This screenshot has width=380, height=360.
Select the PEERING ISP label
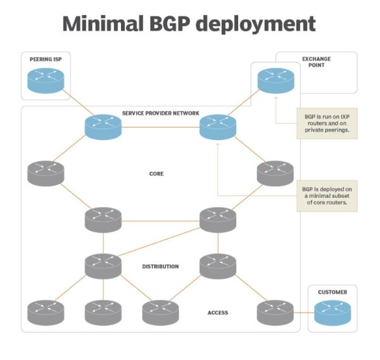tap(46, 59)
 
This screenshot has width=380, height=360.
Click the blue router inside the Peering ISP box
tap(46, 80)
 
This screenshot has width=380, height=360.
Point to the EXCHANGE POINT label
tap(316, 63)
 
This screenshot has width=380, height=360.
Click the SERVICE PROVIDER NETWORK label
tap(160, 113)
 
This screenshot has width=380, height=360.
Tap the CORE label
tap(156, 173)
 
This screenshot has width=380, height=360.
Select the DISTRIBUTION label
tap(160, 266)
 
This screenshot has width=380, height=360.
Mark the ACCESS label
tap(218, 312)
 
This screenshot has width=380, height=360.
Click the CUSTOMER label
tap(332, 292)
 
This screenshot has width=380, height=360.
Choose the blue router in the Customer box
tap(332, 312)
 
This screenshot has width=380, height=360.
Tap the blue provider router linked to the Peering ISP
tap(103, 127)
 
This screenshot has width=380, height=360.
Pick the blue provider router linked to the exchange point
tap(217, 127)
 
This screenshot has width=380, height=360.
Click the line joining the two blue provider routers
tap(160, 127)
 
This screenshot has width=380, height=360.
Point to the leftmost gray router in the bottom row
tap(46, 312)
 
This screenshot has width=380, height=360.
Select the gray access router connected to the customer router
tap(275, 312)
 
